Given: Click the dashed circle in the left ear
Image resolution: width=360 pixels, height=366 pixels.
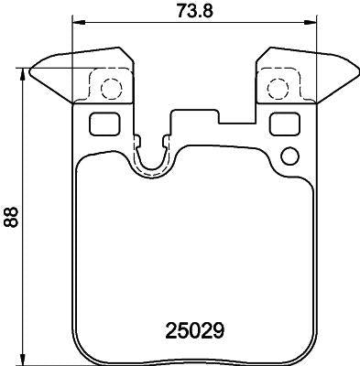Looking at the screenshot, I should click(110, 89).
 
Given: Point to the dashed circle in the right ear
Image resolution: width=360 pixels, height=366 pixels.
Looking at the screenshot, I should click(277, 89).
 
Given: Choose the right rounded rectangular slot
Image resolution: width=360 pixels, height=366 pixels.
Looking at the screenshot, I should click(286, 124).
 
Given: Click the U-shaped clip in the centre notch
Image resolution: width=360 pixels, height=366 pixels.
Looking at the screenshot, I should click(152, 157).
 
